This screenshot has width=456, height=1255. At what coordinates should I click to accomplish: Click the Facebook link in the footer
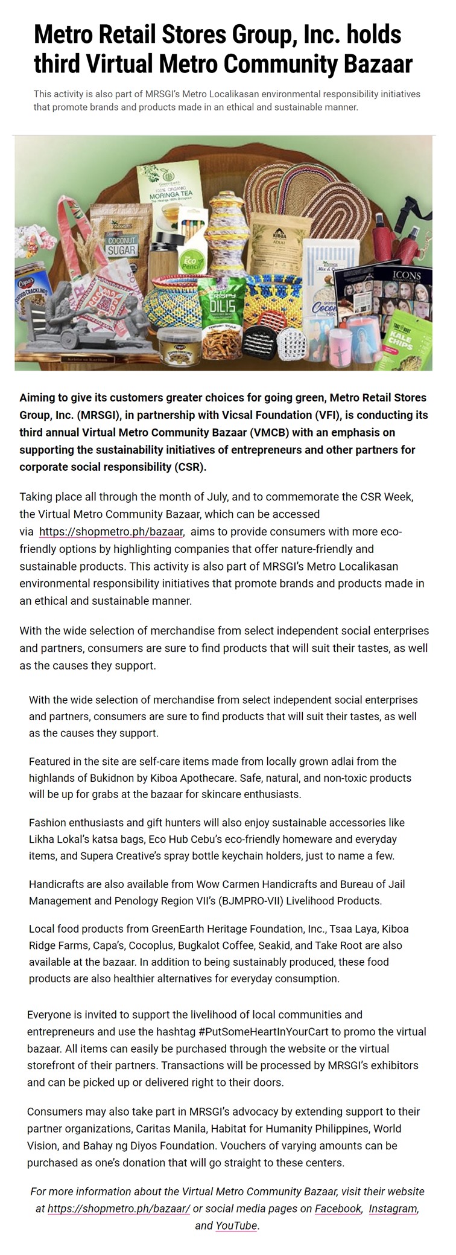[338, 1209]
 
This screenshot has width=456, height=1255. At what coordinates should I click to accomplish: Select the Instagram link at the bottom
[393, 1209]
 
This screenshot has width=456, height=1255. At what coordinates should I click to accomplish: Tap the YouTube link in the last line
[236, 1225]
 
